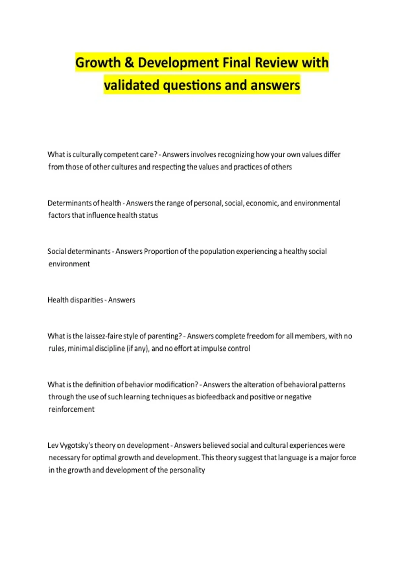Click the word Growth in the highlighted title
pos(98,63)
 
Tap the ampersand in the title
pos(129,63)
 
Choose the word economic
pos(262,203)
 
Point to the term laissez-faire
pos(103,336)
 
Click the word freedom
pos(260,336)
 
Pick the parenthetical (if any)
pos(138,349)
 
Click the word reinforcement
pos(71,409)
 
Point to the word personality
pos(187,470)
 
